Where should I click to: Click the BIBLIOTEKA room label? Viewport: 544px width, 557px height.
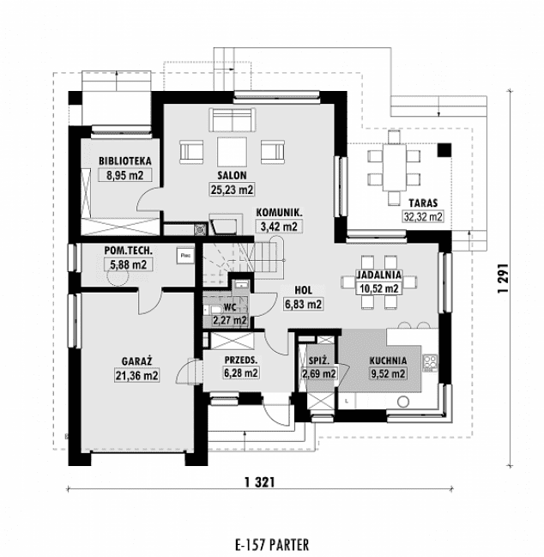click(x=125, y=160)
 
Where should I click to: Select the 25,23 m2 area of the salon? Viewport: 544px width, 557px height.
click(x=233, y=190)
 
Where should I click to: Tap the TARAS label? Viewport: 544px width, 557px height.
click(x=423, y=203)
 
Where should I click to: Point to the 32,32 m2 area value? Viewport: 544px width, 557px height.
click(x=423, y=216)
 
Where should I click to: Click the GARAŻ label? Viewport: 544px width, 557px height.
click(x=137, y=361)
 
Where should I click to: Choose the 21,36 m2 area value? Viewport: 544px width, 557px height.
click(x=136, y=375)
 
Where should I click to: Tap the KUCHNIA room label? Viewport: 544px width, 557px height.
click(x=388, y=360)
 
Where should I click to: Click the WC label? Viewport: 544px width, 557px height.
click(x=230, y=307)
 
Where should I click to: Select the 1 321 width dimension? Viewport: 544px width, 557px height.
click(x=260, y=482)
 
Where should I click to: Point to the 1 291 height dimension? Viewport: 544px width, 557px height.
click(x=503, y=278)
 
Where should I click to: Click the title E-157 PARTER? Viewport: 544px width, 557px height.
click(x=272, y=544)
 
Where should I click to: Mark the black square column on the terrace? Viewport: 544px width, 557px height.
click(x=444, y=150)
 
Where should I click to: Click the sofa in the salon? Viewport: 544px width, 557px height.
click(x=233, y=120)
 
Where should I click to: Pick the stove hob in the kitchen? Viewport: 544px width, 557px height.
click(x=430, y=363)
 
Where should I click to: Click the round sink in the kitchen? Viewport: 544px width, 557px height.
click(x=402, y=403)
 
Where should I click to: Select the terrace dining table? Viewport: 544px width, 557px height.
click(x=394, y=167)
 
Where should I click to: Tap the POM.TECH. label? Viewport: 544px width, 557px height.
click(x=128, y=251)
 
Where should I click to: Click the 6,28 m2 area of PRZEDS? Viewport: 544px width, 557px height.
click(x=241, y=373)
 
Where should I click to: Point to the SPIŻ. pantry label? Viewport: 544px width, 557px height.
click(x=318, y=361)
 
